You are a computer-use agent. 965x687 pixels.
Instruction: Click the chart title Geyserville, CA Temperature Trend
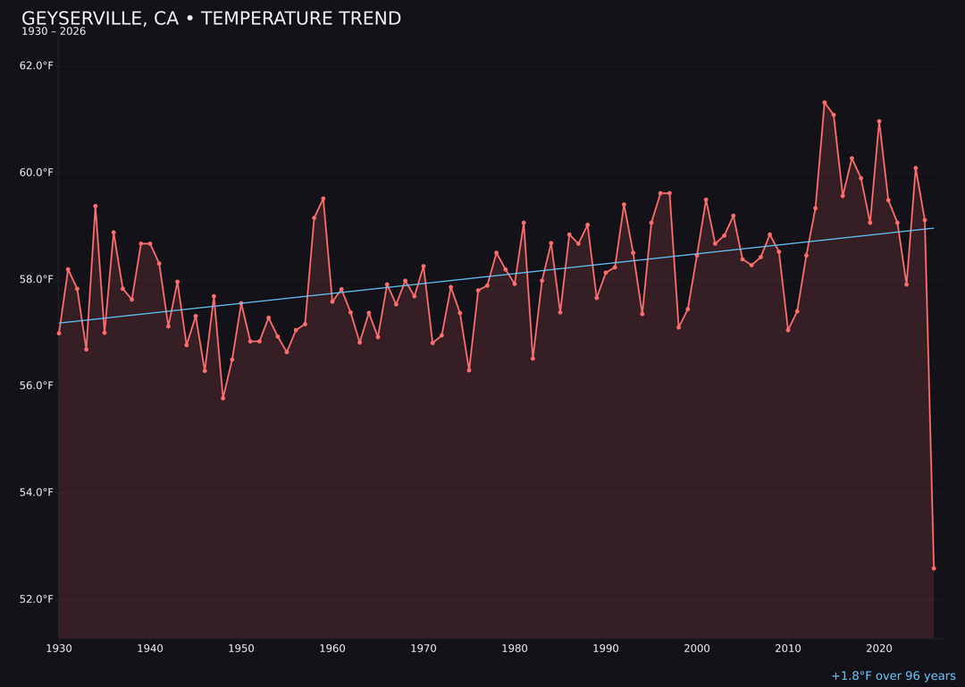pyautogui.click(x=211, y=19)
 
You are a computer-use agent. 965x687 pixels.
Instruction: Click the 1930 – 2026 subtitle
pyautogui.click(x=54, y=32)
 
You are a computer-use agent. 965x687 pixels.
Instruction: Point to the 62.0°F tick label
pyautogui.click(x=37, y=66)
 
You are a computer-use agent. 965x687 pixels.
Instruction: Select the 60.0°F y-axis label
pyautogui.click(x=37, y=173)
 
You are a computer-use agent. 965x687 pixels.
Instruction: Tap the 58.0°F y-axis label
pyautogui.click(x=37, y=279)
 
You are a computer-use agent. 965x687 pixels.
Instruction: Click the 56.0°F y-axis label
pyautogui.click(x=37, y=386)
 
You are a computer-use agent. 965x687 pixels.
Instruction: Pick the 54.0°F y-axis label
pyautogui.click(x=37, y=492)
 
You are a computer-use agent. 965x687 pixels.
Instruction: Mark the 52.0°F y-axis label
pyautogui.click(x=37, y=598)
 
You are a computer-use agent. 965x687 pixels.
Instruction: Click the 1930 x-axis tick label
pyautogui.click(x=59, y=649)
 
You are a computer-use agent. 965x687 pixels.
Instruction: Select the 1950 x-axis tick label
pyautogui.click(x=241, y=649)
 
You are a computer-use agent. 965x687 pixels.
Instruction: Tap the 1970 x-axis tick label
pyautogui.click(x=424, y=649)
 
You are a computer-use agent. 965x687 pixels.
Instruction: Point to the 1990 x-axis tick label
pyautogui.click(x=606, y=649)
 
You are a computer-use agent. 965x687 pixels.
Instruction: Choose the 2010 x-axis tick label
pyautogui.click(x=788, y=649)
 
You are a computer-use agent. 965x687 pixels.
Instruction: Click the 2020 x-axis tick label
pyautogui.click(x=879, y=649)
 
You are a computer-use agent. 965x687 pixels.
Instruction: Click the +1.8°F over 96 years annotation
pyautogui.click(x=893, y=676)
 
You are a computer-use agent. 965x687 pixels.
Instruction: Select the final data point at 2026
pyautogui.click(x=934, y=568)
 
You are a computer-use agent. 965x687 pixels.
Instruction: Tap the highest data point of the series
pyautogui.click(x=825, y=103)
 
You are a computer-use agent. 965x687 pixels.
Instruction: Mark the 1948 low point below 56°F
pyautogui.click(x=222, y=398)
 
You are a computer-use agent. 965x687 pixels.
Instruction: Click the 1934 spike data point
pyautogui.click(x=96, y=207)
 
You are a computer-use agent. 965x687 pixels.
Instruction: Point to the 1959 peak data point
pyautogui.click(x=323, y=199)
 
